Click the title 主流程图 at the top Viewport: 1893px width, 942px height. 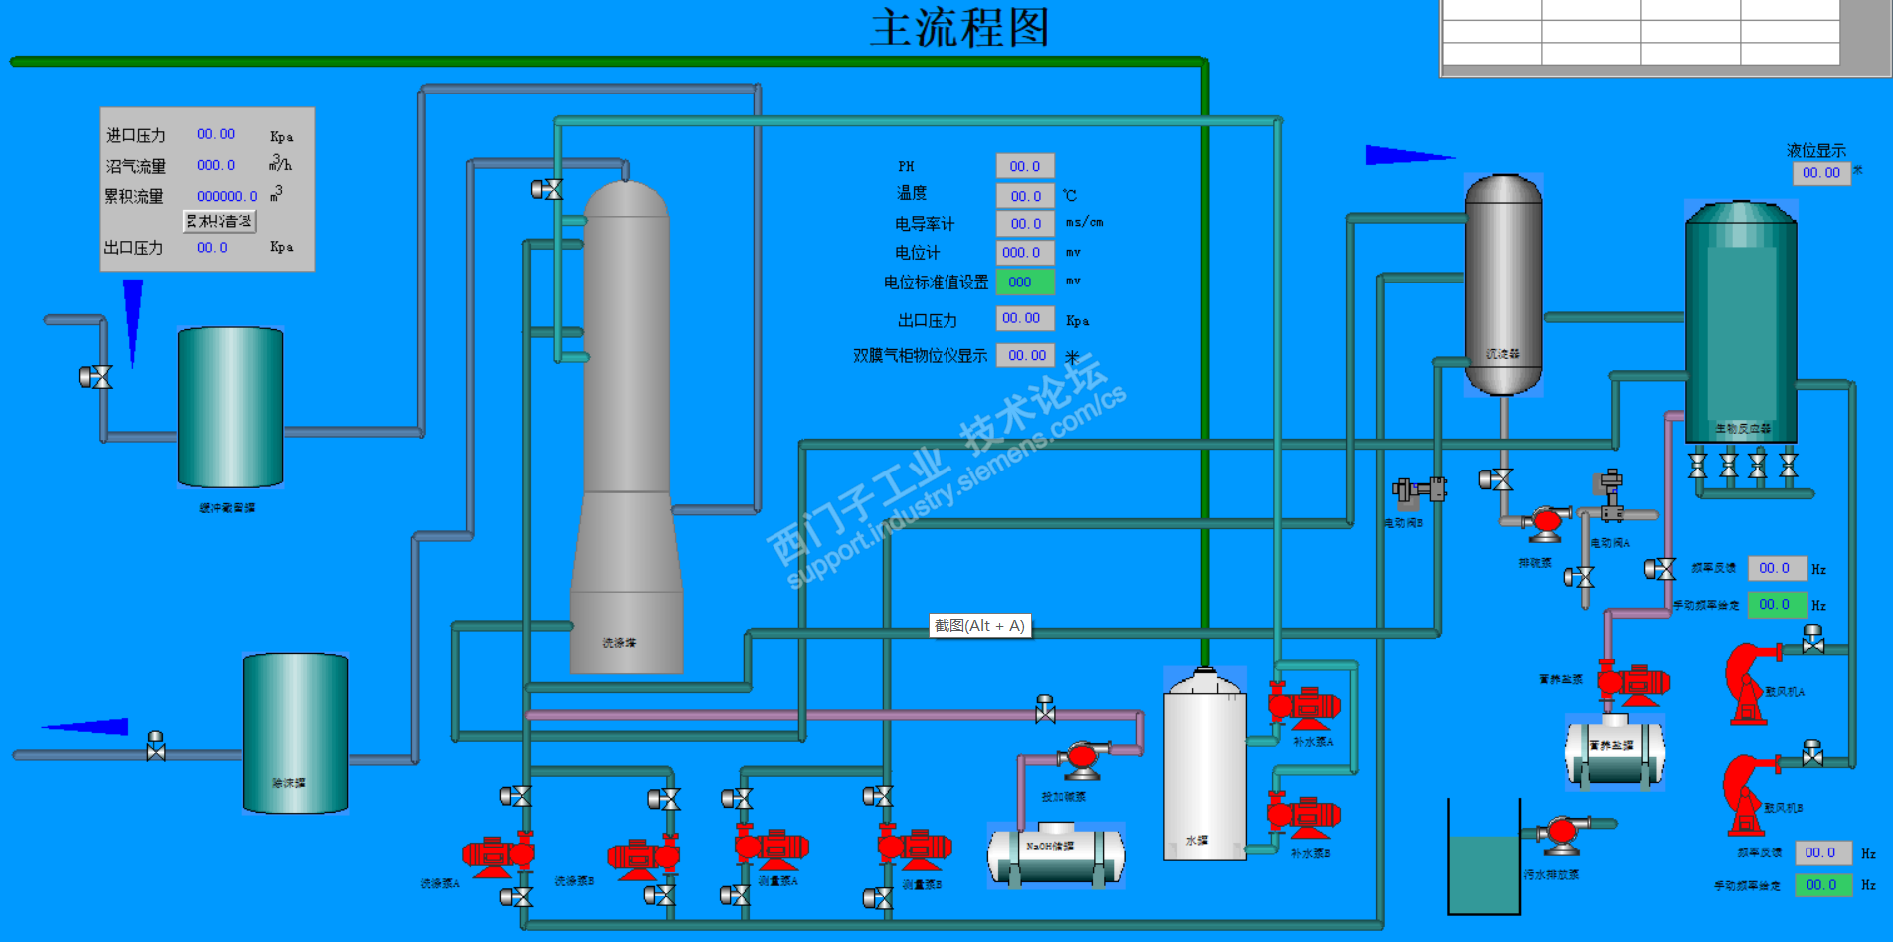pos(959,28)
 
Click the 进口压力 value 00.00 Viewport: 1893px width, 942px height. pos(216,134)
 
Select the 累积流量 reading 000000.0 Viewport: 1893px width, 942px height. pos(227,196)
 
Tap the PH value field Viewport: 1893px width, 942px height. pos(1025,166)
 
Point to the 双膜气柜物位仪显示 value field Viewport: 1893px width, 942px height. pos(1026,355)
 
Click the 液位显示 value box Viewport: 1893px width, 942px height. pos(1821,173)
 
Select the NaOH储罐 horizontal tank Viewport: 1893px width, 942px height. pos(1056,853)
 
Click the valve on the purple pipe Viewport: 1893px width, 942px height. pos(1045,709)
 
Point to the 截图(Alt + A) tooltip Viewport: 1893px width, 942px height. pos(979,626)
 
